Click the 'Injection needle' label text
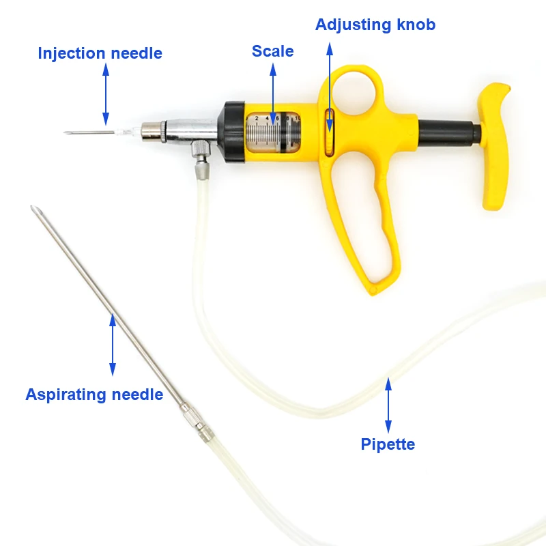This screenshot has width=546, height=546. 100,54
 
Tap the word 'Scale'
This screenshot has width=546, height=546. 272,51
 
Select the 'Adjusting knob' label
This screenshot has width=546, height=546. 375,25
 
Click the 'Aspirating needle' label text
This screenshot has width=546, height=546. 94,395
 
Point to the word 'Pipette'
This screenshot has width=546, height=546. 388,444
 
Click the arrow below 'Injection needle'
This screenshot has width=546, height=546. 106,94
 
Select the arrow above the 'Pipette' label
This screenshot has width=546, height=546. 388,405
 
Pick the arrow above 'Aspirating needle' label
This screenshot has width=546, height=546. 113,345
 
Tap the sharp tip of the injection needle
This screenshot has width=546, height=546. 64,132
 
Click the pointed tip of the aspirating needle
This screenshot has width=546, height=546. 32,207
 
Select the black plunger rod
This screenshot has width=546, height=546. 449,133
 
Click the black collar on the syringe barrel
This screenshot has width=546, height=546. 231,132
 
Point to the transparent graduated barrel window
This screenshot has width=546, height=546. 274,132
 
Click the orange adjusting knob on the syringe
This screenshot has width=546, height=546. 329,132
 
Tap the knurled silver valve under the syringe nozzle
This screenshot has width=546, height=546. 201,148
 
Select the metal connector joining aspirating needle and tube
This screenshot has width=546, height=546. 197,422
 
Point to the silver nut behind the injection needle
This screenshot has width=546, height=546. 153,132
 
